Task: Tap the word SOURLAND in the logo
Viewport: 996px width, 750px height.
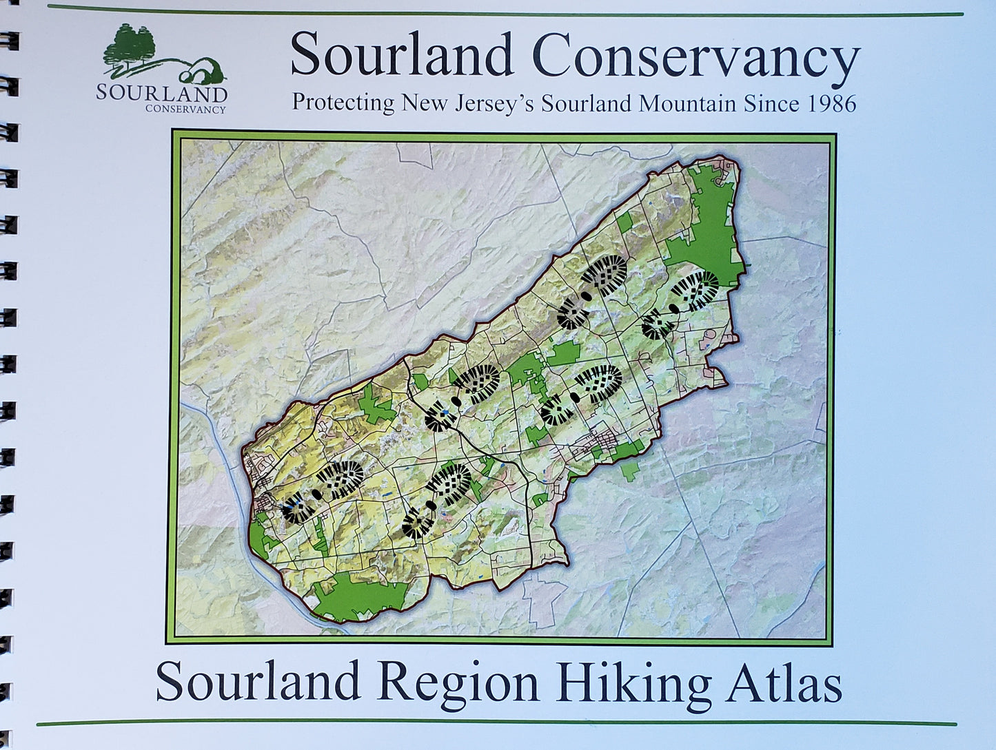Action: [x=161, y=93]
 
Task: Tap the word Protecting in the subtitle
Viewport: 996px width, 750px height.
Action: [x=343, y=103]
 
